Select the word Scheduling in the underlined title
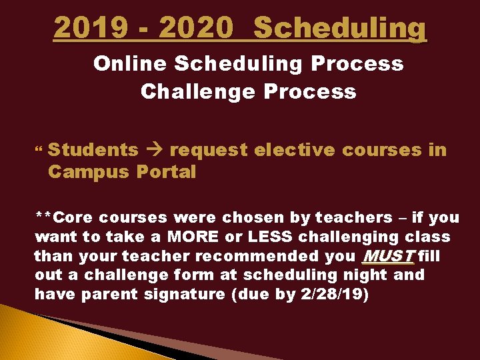click(340, 28)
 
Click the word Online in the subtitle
click(129, 64)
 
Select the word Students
click(93, 150)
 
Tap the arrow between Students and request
click(154, 151)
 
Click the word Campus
click(89, 172)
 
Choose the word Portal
click(167, 172)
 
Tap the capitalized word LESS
click(270, 237)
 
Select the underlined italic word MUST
click(387, 256)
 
